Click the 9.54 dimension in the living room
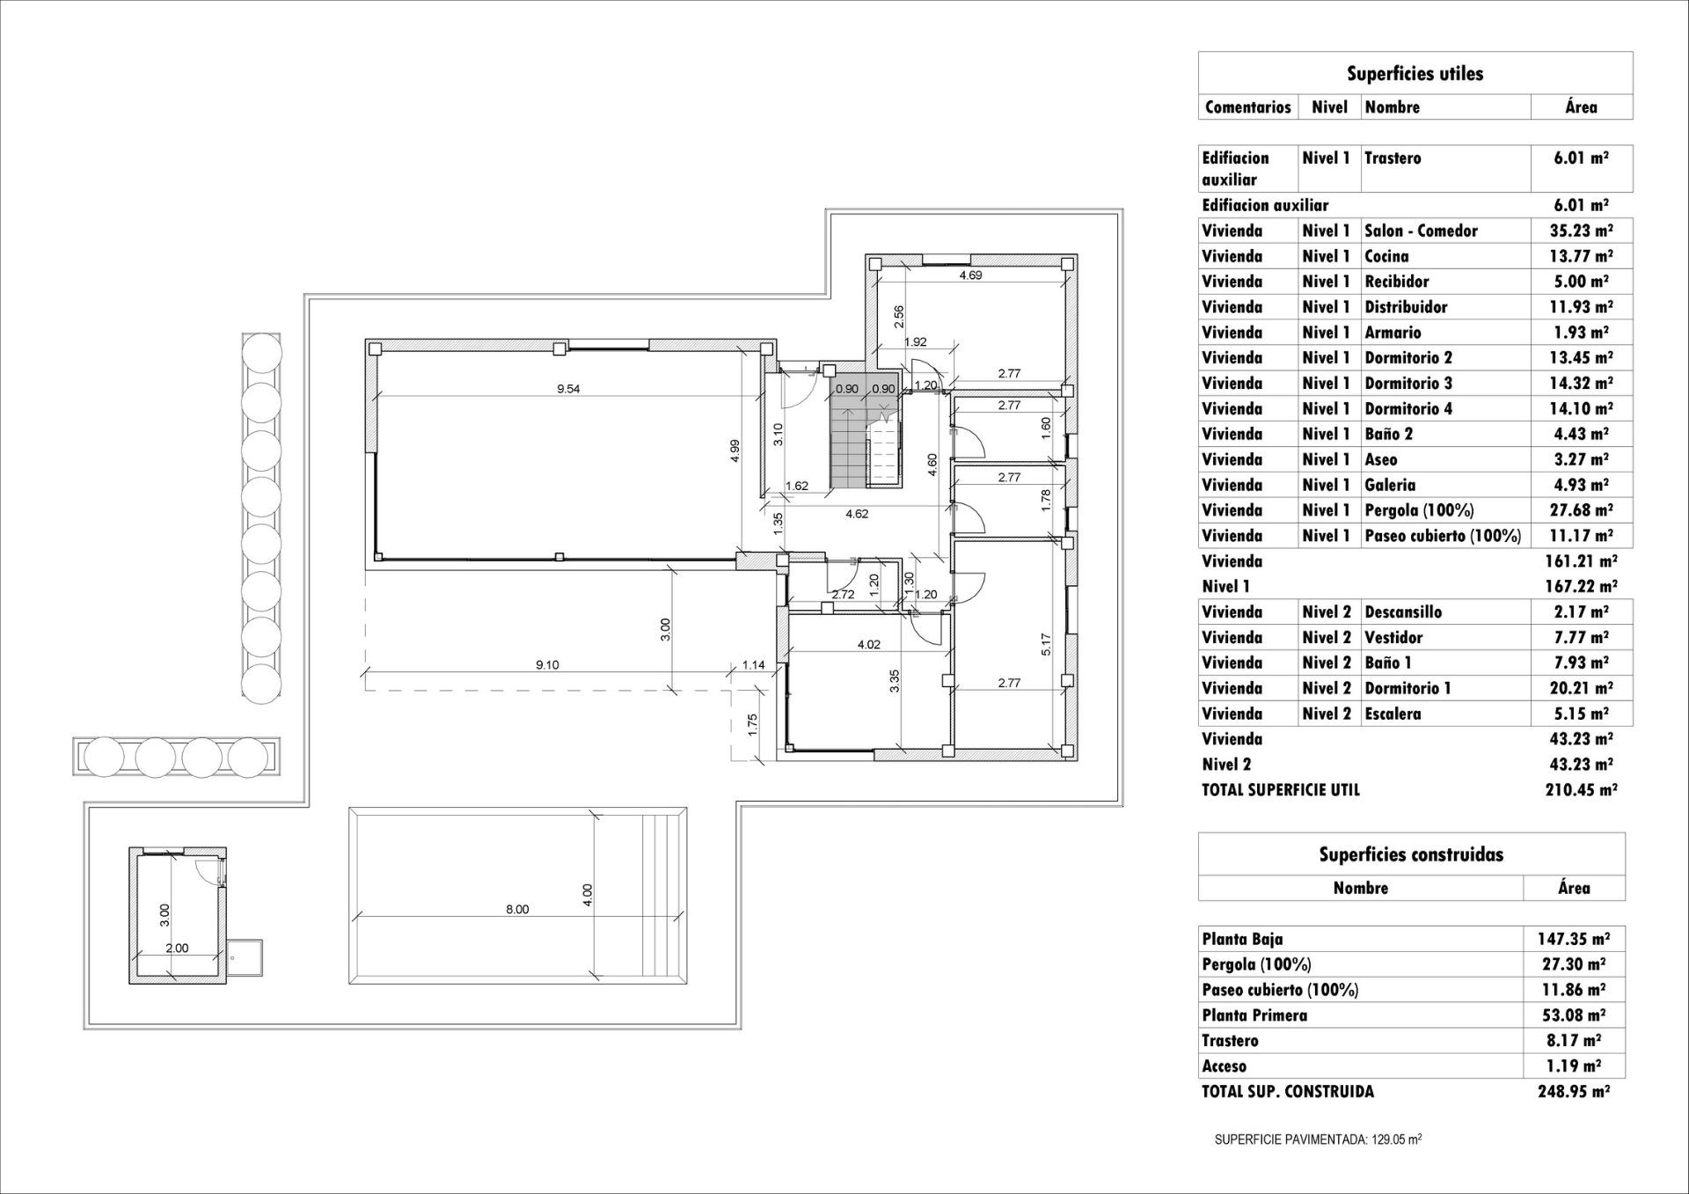(568, 389)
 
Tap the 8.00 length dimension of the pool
(517, 909)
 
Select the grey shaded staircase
(850, 440)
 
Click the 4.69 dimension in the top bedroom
(970, 275)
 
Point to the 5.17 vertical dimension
(1046, 644)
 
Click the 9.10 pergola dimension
(547, 664)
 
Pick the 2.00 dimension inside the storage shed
(177, 948)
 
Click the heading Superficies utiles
(1415, 74)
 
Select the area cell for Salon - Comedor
(1580, 231)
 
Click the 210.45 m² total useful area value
(1580, 789)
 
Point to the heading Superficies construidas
(1410, 854)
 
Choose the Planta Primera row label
(1254, 1015)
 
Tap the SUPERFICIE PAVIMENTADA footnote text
(1318, 1139)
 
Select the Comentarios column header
(1247, 107)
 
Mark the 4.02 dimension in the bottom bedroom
(868, 644)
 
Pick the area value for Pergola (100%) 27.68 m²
(1580, 510)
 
